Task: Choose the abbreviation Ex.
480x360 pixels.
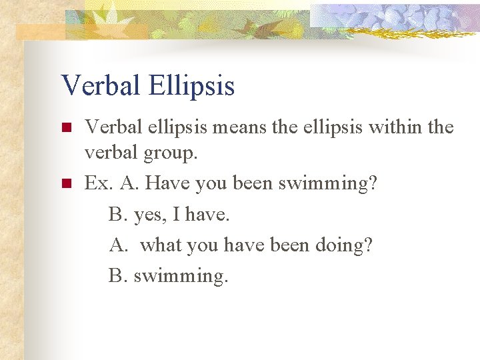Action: (x=99, y=183)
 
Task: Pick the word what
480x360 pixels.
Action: (x=163, y=245)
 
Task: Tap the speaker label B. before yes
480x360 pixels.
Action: (x=118, y=214)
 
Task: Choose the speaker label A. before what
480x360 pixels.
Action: (x=119, y=245)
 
